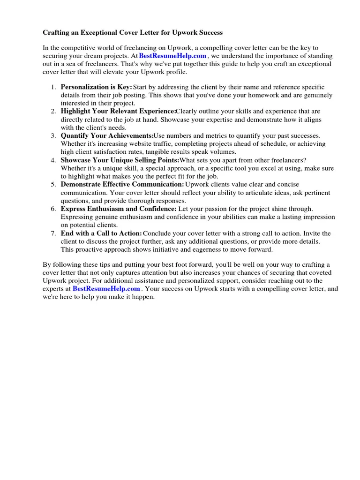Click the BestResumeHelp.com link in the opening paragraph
(x=172, y=56)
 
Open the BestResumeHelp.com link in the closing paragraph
(x=106, y=289)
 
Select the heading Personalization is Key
(x=96, y=87)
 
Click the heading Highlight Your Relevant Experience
(x=118, y=111)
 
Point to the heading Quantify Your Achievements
(x=107, y=135)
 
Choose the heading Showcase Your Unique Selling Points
(x=120, y=160)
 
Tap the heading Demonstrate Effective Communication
(x=122, y=184)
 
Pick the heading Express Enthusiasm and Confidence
(x=119, y=209)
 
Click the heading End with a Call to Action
(x=101, y=233)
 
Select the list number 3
(x=53, y=135)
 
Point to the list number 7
(x=53, y=233)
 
